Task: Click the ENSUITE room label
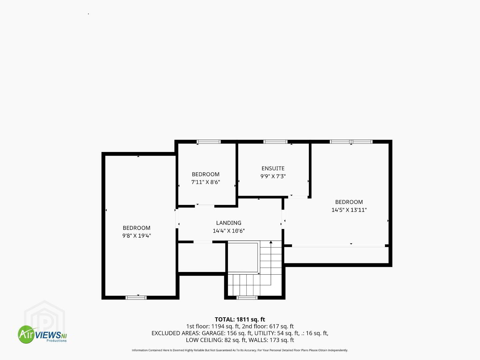pyautogui.click(x=273, y=168)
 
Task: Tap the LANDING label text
pyautogui.click(x=229, y=223)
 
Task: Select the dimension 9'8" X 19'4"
pyautogui.click(x=137, y=236)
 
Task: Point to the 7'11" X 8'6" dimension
pyautogui.click(x=206, y=182)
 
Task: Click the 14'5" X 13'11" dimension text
pyautogui.click(x=349, y=210)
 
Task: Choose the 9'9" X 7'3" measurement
pyautogui.click(x=273, y=176)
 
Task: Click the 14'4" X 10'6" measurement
pyautogui.click(x=229, y=231)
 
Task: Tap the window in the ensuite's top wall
pyautogui.click(x=275, y=142)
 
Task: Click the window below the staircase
pyautogui.click(x=247, y=297)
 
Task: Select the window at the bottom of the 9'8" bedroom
pyautogui.click(x=136, y=297)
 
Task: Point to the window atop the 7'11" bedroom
pyautogui.click(x=209, y=142)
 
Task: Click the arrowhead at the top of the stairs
pyautogui.click(x=271, y=242)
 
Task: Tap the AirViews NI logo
pyautogui.click(x=42, y=334)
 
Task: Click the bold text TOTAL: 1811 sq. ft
pyautogui.click(x=240, y=319)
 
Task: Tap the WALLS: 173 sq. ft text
pyautogui.click(x=271, y=340)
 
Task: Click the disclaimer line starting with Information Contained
pyautogui.click(x=240, y=350)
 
